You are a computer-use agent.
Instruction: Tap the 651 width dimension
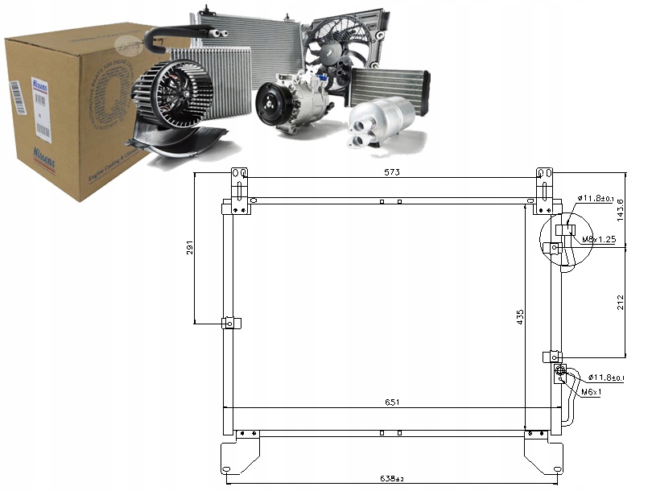(x=392, y=402)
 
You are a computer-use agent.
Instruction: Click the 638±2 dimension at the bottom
(x=392, y=480)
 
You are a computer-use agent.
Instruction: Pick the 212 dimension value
(x=621, y=303)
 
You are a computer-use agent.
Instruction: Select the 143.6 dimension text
(x=621, y=210)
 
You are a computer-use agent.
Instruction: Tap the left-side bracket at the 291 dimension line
(x=229, y=324)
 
